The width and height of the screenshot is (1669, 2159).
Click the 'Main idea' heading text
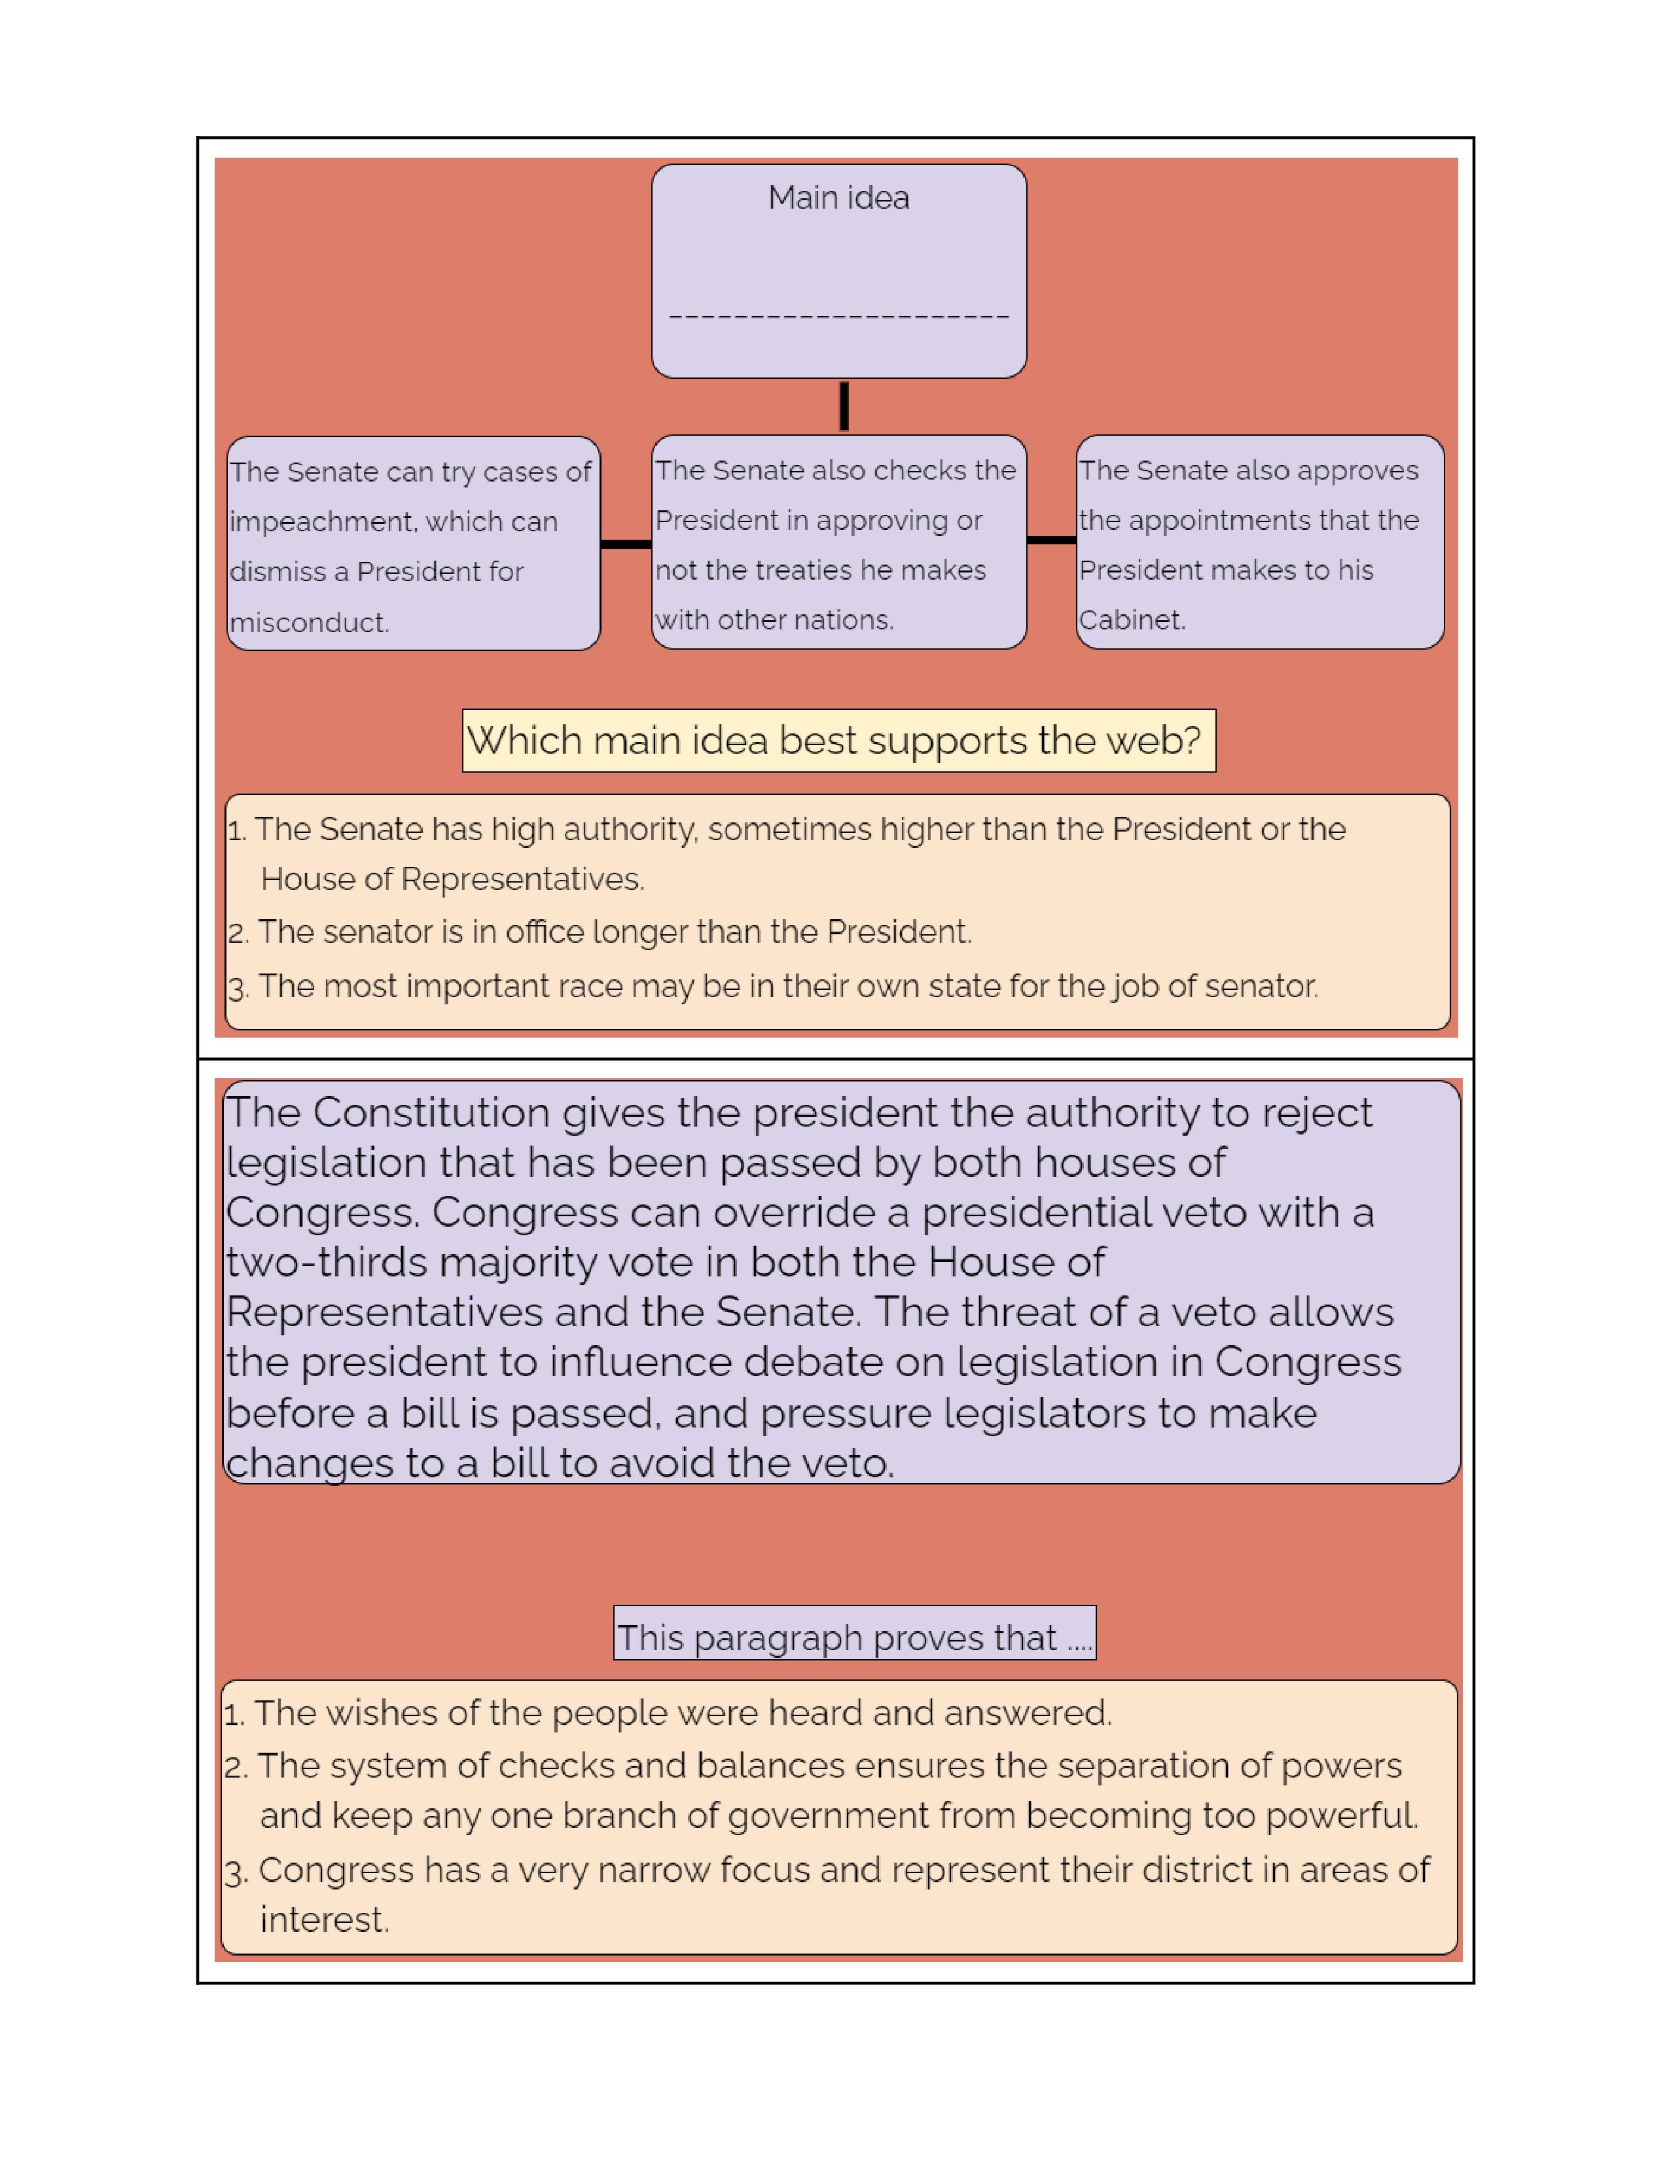838,198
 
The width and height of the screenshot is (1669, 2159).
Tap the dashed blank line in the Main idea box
838,317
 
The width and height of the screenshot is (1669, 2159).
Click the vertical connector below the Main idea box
844,406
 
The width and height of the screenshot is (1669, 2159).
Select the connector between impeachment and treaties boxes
626,544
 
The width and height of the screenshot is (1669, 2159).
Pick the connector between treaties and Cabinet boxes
1051,540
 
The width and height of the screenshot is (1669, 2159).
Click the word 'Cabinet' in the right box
1130,620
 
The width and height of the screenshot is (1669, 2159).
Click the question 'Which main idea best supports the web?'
838,741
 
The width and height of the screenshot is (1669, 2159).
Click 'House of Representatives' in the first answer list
452,879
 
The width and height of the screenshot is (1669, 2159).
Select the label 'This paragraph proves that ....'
853,1638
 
